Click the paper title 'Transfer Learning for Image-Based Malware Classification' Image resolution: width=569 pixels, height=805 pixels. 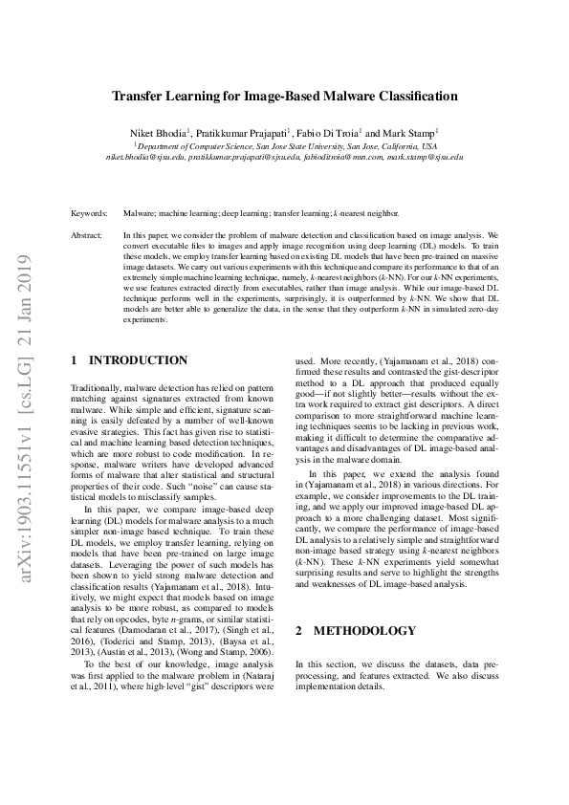[x=284, y=97]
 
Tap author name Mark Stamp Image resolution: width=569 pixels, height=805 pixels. [x=410, y=132]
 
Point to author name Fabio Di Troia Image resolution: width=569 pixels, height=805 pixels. [x=331, y=132]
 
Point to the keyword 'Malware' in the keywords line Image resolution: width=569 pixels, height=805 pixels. [x=139, y=214]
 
